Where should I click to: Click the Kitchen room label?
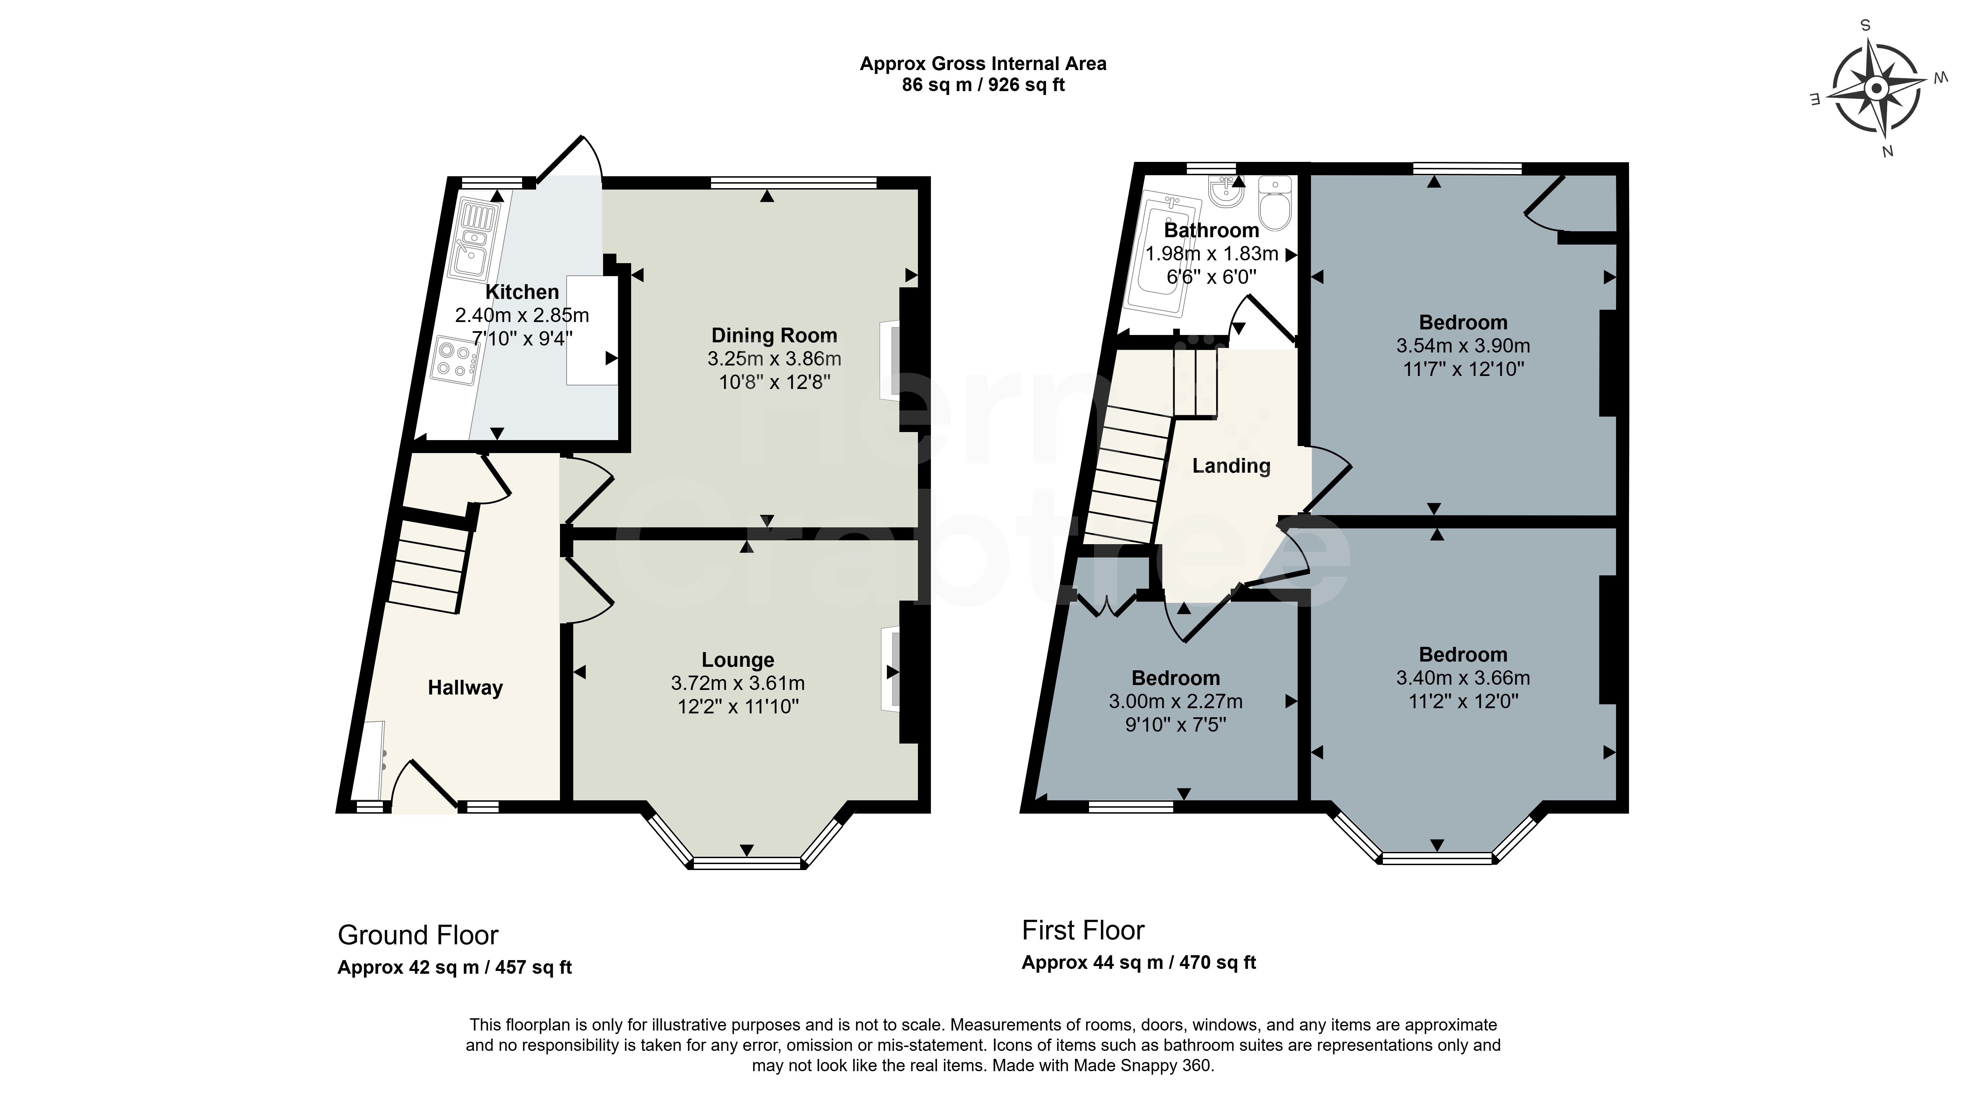click(522, 292)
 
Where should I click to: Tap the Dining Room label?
click(774, 336)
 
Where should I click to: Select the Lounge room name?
click(738, 660)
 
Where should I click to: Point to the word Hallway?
click(465, 689)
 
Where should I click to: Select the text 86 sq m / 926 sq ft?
click(984, 85)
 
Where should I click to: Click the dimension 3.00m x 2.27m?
click(1176, 701)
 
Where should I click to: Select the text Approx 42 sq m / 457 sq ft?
click(454, 968)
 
